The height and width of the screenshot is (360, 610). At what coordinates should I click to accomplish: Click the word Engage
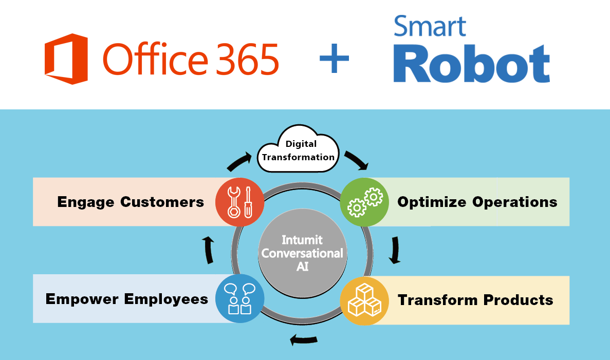click(86, 202)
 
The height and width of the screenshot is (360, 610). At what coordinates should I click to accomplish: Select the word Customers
click(162, 202)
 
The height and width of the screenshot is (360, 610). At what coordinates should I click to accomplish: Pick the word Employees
click(167, 299)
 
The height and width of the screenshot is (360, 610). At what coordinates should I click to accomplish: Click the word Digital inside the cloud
click(301, 144)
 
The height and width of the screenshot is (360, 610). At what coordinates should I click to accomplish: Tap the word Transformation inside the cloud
click(298, 157)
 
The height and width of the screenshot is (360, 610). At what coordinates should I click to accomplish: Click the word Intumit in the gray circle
click(302, 240)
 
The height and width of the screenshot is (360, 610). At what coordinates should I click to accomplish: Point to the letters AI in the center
click(302, 267)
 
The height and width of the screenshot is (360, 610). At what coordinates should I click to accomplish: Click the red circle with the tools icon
click(239, 202)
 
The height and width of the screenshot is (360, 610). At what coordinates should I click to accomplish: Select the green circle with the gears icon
click(364, 202)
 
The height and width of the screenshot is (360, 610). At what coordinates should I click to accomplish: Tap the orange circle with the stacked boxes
click(364, 301)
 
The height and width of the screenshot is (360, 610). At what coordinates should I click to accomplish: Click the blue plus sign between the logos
click(334, 58)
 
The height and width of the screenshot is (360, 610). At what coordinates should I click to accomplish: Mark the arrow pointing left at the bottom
click(303, 339)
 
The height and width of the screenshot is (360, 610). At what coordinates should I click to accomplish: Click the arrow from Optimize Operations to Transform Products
click(394, 250)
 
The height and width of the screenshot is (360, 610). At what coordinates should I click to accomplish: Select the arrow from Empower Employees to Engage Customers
click(208, 250)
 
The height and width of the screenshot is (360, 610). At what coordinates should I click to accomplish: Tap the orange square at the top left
click(66, 59)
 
